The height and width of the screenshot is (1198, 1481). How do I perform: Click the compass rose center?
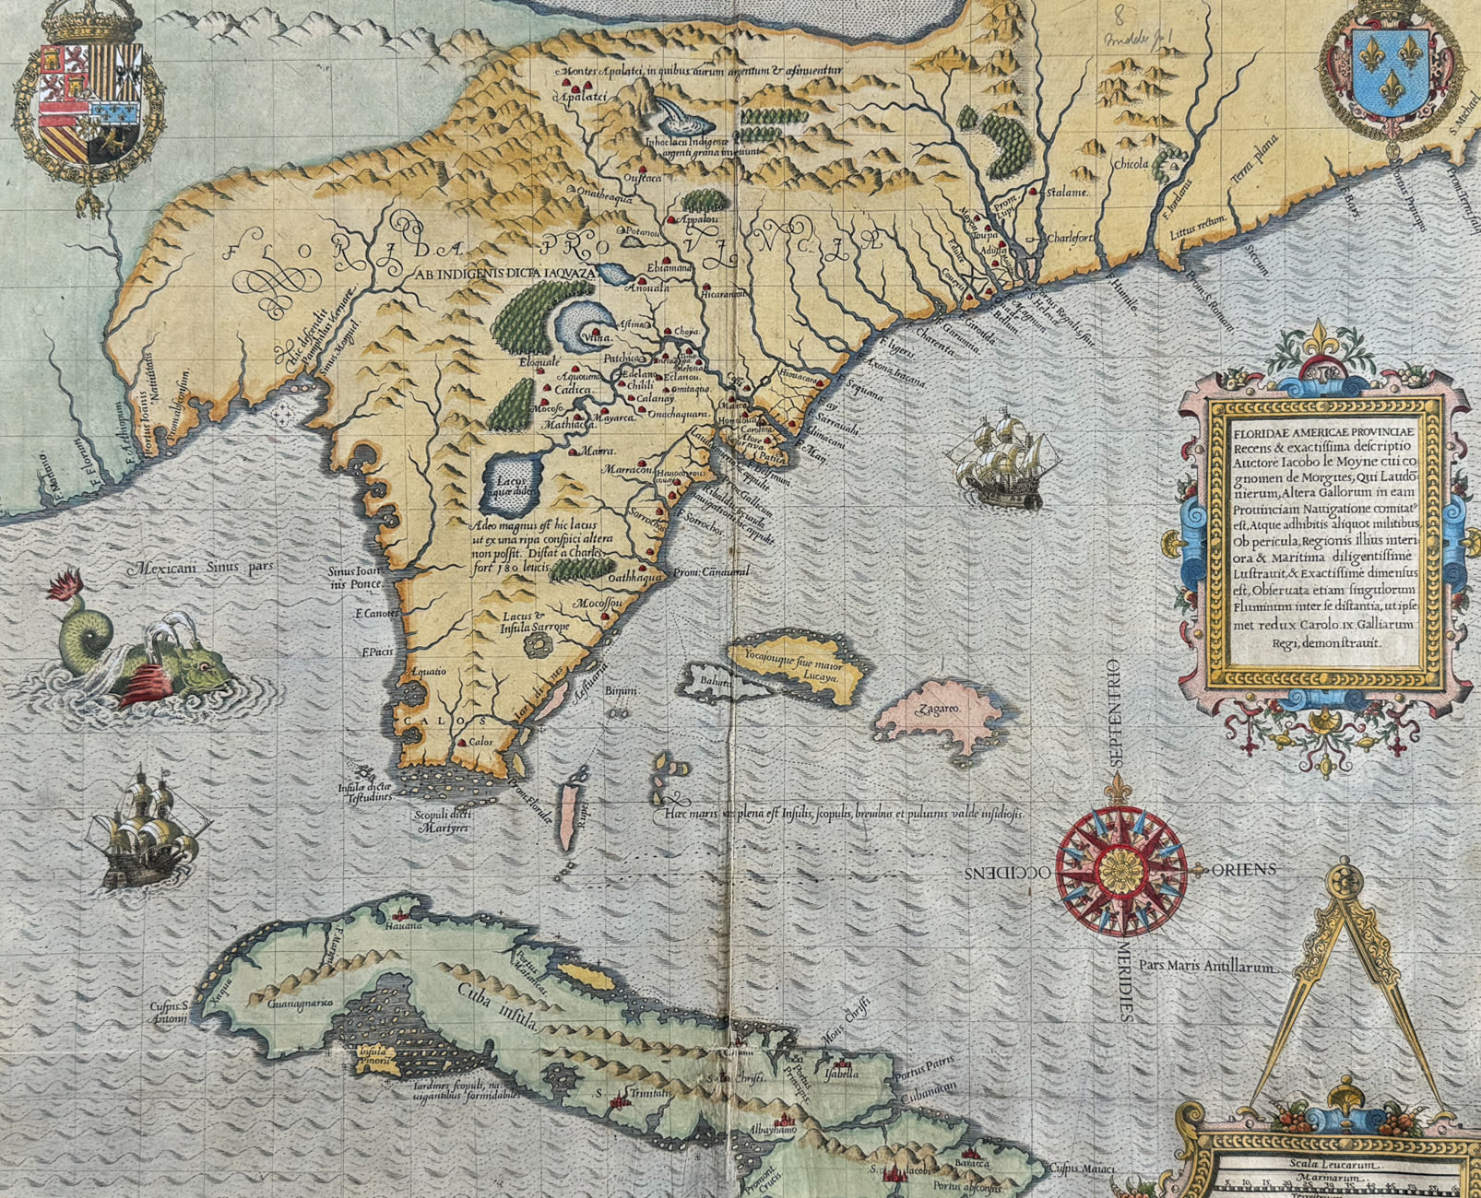tap(1120, 871)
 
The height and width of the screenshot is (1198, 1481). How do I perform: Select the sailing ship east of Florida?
tap(1003, 462)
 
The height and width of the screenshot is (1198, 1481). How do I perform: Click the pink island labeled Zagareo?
tap(939, 710)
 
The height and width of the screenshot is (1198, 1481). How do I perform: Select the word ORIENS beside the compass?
tap(1243, 870)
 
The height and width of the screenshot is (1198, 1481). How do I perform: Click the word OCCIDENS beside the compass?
tap(1008, 872)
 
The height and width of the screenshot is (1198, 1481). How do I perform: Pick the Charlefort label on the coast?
tap(1069, 238)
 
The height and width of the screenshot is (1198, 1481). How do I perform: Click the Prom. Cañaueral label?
tap(712, 572)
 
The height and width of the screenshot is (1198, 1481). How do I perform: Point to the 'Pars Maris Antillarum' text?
tap(1207, 967)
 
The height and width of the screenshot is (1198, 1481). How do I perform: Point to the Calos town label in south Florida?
tap(480, 742)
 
